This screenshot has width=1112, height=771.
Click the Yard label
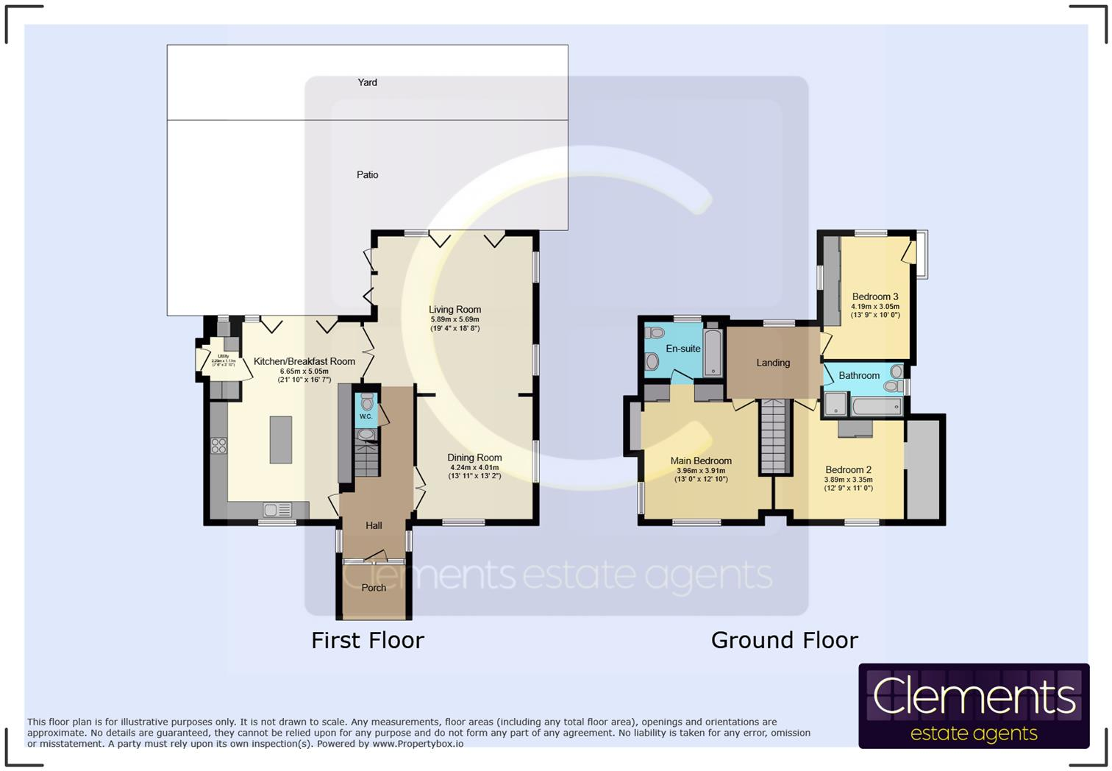click(367, 82)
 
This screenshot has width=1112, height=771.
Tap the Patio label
click(367, 174)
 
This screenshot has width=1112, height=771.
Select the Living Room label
click(455, 310)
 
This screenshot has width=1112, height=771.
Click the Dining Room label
click(474, 458)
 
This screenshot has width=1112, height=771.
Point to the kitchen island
click(280, 439)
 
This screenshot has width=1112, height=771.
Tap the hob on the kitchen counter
click(218, 445)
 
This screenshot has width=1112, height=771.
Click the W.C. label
click(366, 417)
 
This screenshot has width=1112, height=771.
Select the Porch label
click(374, 588)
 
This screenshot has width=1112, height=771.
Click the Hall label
click(374, 525)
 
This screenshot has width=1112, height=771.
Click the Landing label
click(773, 363)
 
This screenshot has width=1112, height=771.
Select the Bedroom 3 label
click(875, 296)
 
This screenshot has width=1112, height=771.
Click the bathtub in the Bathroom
click(877, 405)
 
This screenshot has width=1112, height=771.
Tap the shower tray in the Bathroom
click(835, 404)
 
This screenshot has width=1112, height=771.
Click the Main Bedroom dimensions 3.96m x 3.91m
click(701, 471)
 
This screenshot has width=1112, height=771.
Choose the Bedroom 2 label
click(848, 469)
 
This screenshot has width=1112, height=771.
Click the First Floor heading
click(368, 640)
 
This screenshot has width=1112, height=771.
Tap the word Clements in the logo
click(974, 696)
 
